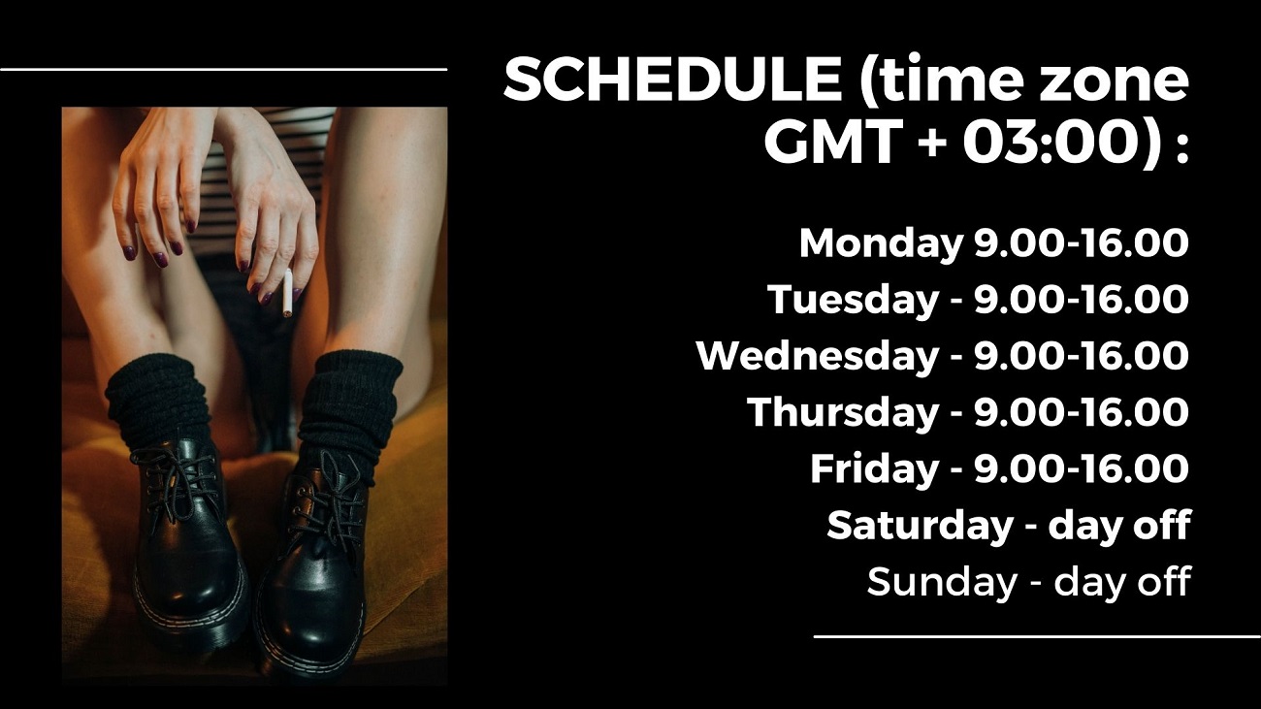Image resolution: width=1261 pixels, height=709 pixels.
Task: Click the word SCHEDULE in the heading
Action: coord(672,79)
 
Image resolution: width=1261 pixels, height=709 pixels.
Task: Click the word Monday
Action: coord(881,244)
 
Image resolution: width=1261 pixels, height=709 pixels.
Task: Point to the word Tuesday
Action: coord(853,301)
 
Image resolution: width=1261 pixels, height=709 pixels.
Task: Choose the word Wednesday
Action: coord(818,356)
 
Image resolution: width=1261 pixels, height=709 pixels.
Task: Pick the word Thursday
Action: coord(843,412)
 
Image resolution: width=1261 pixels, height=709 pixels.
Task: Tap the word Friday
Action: coord(874,468)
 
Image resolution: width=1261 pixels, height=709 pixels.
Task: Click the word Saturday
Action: coord(920,526)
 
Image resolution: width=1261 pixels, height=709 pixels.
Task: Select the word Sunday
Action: coord(941,582)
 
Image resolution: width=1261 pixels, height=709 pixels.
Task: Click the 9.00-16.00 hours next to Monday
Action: coord(1082,243)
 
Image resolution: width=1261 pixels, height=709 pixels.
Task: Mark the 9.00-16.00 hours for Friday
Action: coord(1082,468)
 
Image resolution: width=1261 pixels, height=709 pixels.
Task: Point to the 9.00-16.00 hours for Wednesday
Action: coord(1082,356)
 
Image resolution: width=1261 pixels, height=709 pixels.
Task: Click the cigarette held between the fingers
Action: coord(287,293)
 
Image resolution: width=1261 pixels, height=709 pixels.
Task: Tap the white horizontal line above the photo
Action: coord(223,69)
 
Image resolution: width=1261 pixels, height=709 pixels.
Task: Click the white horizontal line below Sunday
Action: coord(1037,637)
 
